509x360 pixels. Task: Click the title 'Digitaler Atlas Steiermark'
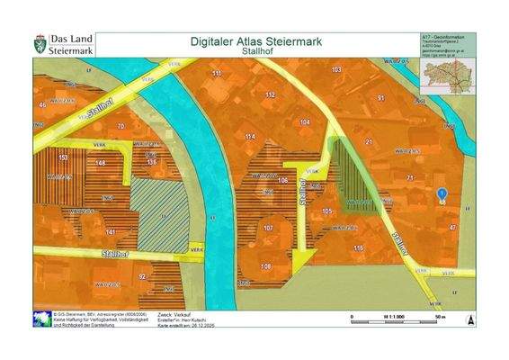[256, 41]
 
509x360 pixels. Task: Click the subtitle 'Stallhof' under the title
[256, 51]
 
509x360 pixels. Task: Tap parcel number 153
[62, 157]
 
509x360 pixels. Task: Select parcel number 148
[101, 162]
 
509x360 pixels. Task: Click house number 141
[110, 232]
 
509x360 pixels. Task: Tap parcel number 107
[268, 229]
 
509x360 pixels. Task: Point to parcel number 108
[266, 267]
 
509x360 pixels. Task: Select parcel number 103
[336, 69]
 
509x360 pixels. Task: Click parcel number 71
[409, 178]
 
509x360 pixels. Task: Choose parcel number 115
[358, 247]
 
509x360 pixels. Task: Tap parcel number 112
[270, 94]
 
